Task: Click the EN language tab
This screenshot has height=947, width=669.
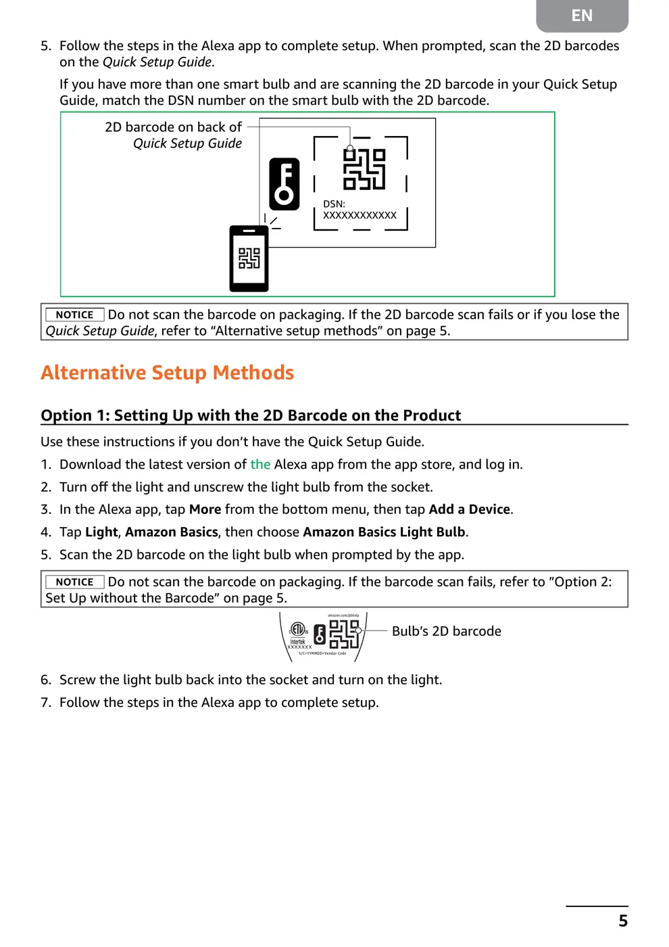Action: [x=582, y=16]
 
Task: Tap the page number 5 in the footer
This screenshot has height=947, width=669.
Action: [x=622, y=921]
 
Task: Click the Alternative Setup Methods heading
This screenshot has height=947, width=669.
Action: [x=167, y=373]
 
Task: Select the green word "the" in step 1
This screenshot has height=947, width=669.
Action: [x=260, y=465]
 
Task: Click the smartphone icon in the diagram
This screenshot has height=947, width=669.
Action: [x=249, y=258]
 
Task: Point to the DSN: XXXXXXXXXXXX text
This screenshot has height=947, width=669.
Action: [x=360, y=210]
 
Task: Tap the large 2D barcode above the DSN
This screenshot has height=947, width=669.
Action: [x=364, y=169]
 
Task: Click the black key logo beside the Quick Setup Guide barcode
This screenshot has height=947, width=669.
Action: [x=284, y=184]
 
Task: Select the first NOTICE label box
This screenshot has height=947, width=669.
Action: [x=74, y=315]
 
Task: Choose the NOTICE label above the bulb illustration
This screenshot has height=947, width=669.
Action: [x=74, y=582]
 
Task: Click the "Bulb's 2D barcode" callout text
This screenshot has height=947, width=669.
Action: [x=446, y=631]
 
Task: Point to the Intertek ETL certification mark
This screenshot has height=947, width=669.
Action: [x=298, y=633]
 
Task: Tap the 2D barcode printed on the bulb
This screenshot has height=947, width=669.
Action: [x=344, y=634]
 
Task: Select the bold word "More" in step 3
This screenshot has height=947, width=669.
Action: [x=205, y=509]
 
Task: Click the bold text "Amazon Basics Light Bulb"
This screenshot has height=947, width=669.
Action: [x=384, y=532]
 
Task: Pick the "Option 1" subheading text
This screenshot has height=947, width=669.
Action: [x=251, y=415]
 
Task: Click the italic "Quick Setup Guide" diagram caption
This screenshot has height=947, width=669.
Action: [x=187, y=143]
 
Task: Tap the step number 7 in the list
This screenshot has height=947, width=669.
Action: [x=45, y=703]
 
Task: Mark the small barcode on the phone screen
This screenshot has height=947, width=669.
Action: [x=249, y=258]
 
